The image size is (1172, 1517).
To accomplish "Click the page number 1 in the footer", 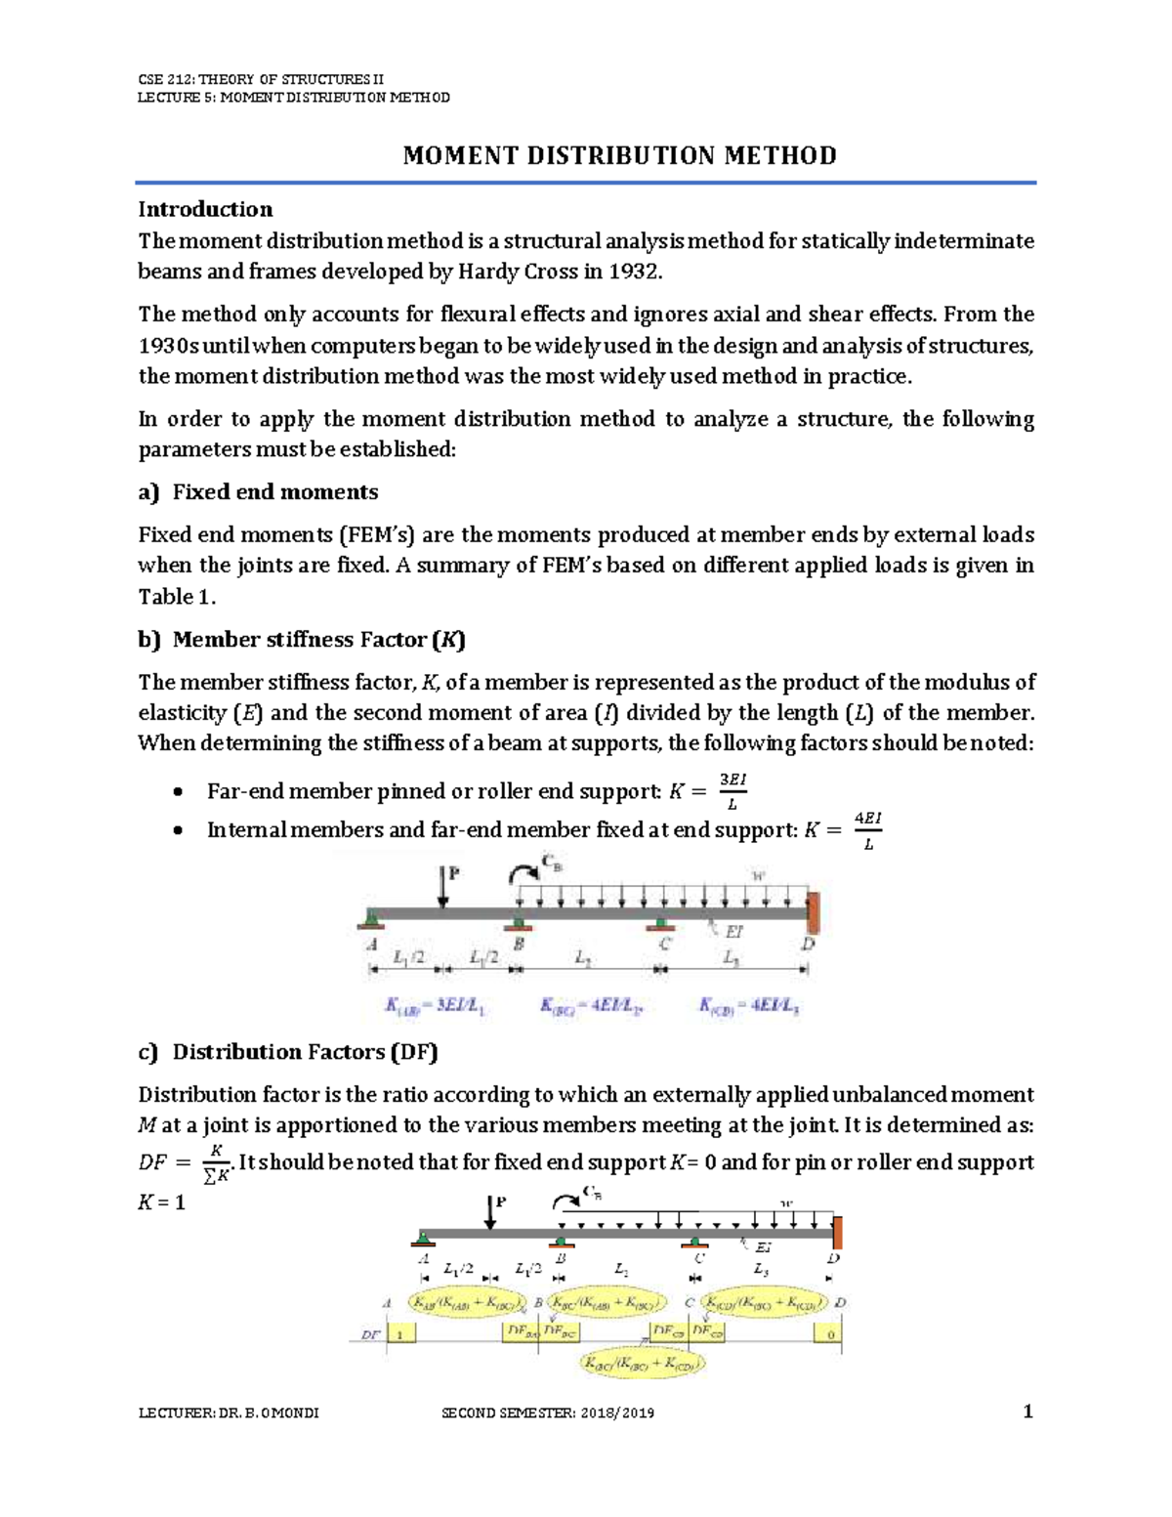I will click(x=1026, y=1412).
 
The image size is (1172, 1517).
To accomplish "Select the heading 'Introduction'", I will click(x=205, y=209).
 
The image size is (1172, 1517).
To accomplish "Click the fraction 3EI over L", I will click(x=732, y=791).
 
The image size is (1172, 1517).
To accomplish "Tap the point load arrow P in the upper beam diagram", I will click(x=444, y=886).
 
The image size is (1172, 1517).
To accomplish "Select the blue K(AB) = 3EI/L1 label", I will click(x=435, y=1006).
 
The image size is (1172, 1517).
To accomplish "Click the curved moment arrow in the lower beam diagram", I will click(x=565, y=1200).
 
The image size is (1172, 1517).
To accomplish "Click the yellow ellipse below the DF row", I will click(x=642, y=1364).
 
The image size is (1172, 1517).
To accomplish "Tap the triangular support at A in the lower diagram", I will click(x=423, y=1240).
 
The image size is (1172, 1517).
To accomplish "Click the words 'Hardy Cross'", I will click(x=518, y=273).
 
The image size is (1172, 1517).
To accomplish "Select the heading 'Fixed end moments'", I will click(x=274, y=492).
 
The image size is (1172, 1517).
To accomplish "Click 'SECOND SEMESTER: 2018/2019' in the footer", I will click(x=548, y=1413).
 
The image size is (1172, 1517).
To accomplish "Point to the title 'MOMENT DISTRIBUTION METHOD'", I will click(x=619, y=156).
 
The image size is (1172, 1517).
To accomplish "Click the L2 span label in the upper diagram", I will click(x=584, y=959).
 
